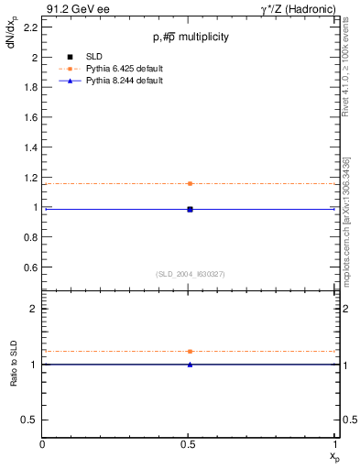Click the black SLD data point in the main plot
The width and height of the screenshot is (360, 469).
(x=190, y=209)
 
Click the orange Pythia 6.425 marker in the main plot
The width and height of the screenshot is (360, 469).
(x=190, y=183)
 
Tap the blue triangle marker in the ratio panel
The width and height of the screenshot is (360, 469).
(x=190, y=365)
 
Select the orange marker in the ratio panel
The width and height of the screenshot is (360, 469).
(x=190, y=351)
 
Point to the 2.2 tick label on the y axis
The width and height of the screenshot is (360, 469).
(x=29, y=27)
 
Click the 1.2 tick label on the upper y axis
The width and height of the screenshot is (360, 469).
(x=29, y=177)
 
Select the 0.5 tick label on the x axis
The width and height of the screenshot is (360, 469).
(x=190, y=444)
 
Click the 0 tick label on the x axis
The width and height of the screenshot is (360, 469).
(x=43, y=444)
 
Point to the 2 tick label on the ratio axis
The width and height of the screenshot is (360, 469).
(x=34, y=309)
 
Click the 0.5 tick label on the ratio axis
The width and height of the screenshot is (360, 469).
(x=29, y=420)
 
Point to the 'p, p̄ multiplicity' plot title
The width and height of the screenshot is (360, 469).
(x=190, y=37)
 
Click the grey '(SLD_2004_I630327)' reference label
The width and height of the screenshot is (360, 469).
(x=190, y=274)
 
